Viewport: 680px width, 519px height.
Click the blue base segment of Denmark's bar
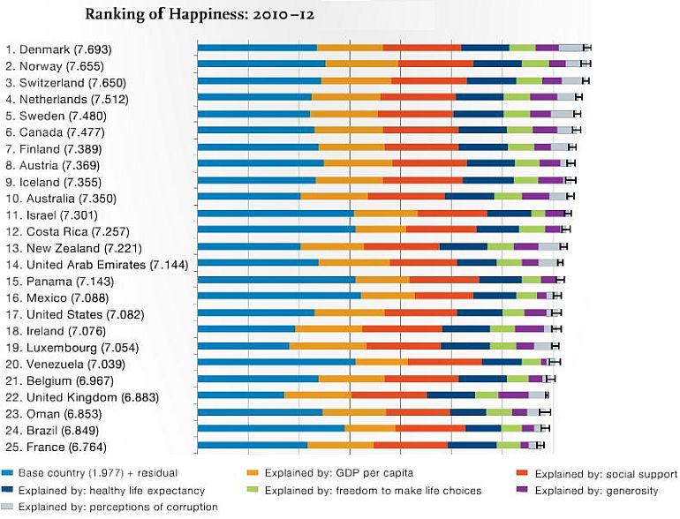pyautogui.click(x=257, y=48)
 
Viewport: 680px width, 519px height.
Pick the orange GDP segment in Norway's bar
pyautogui.click(x=362, y=64)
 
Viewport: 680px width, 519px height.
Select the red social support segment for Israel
pyautogui.click(x=452, y=213)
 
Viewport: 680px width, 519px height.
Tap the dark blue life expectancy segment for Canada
pyautogui.click(x=482, y=130)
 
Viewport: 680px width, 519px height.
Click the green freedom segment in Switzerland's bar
pyautogui.click(x=528, y=80)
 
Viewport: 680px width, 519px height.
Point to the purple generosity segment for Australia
pyautogui.click(x=535, y=196)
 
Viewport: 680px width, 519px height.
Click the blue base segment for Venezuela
pyautogui.click(x=276, y=362)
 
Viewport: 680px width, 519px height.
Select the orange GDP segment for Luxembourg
pyautogui.click(x=328, y=345)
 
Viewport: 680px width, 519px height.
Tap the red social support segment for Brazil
pyautogui.click(x=430, y=428)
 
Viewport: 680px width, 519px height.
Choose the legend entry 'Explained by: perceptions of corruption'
pyautogui.click(x=117, y=507)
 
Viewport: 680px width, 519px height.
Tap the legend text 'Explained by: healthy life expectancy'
pyautogui.click(x=110, y=491)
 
